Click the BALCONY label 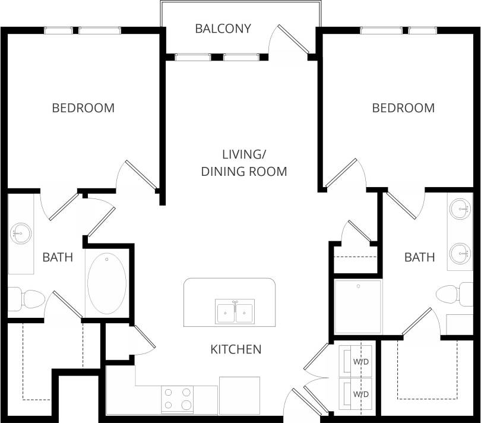(223, 29)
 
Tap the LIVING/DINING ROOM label (243, 163)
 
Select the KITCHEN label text (236, 349)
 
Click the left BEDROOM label (83, 108)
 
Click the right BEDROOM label (403, 108)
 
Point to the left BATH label (58, 257)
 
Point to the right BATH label (419, 257)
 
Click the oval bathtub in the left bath (106, 283)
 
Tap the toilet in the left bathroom (27, 299)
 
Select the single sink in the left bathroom (21, 233)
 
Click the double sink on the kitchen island (235, 312)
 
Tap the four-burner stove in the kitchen (177, 399)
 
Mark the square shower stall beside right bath (357, 307)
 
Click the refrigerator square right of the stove (239, 395)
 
